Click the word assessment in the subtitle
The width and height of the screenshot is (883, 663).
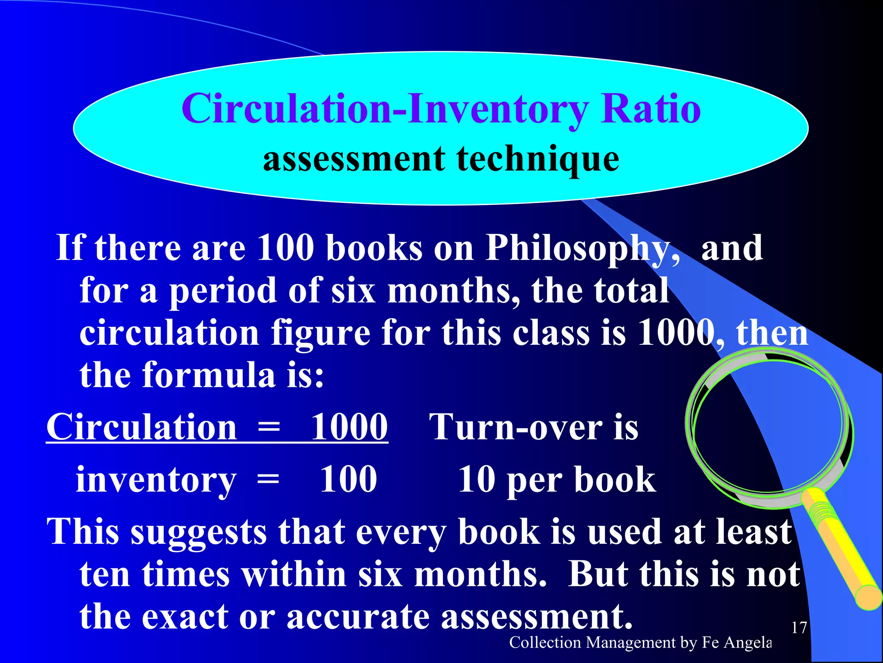pyautogui.click(x=354, y=159)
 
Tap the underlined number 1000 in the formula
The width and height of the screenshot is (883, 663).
pyautogui.click(x=349, y=427)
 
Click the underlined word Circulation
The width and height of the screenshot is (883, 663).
pyautogui.click(x=141, y=427)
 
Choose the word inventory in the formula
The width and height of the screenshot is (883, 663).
pyautogui.click(x=156, y=480)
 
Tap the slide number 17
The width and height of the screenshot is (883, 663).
pyautogui.click(x=799, y=627)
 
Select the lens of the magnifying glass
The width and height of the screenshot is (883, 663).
pyautogui.click(x=767, y=425)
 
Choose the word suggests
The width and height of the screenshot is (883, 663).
pyautogui.click(x=198, y=532)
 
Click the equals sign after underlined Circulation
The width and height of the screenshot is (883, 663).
pyautogui.click(x=269, y=427)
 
